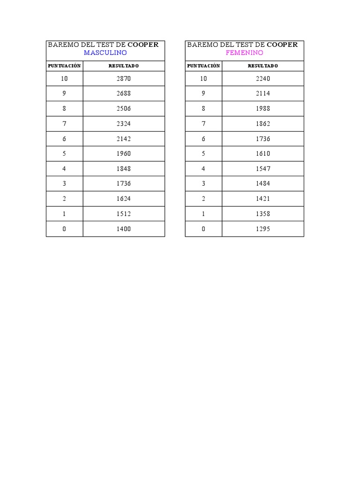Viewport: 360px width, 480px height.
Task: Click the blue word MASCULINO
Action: [x=105, y=52]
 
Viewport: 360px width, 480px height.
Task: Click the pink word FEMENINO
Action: [x=245, y=52]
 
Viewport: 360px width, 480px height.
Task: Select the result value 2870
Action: [x=124, y=79]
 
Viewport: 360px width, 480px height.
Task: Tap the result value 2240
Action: [x=263, y=79]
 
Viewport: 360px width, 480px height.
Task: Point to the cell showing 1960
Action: [x=124, y=154]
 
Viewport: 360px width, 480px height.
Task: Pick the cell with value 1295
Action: [x=263, y=229]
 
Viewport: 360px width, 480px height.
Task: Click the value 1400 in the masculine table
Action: [x=124, y=229]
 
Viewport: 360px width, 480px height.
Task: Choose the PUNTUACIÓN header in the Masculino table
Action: [x=65, y=66]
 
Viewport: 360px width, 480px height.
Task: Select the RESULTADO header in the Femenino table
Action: [x=263, y=66]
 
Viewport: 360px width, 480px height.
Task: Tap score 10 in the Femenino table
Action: [x=203, y=79]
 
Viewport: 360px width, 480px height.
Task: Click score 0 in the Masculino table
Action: [x=64, y=229]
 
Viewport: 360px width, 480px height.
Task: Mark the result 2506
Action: [x=124, y=109]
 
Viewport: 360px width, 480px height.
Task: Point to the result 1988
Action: [x=263, y=109]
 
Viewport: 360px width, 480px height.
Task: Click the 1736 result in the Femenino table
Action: [x=263, y=139]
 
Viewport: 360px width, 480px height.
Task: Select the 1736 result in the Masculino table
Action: [x=124, y=184]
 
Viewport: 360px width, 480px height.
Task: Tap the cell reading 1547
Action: [x=263, y=169]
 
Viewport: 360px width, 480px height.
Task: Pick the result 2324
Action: [x=124, y=124]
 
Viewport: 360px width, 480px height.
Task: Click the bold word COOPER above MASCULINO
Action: [x=143, y=45]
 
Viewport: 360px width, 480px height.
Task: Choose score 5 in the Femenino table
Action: [x=203, y=154]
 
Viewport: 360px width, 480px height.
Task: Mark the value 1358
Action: [x=263, y=214]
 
